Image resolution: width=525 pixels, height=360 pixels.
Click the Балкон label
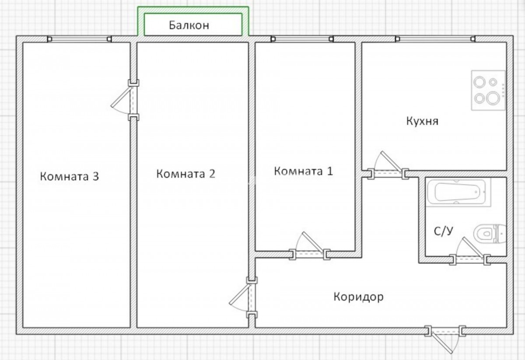click(x=189, y=25)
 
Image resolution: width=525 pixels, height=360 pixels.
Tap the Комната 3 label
click(x=70, y=176)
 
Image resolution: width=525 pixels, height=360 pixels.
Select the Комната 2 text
click(x=185, y=174)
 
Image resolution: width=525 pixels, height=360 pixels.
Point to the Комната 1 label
click(x=304, y=171)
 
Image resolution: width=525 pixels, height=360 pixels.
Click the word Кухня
click(x=422, y=121)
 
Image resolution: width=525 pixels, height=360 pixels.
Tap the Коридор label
click(x=359, y=297)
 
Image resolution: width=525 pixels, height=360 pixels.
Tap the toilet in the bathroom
click(x=490, y=234)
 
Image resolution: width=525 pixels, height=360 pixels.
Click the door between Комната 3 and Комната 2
click(x=126, y=100)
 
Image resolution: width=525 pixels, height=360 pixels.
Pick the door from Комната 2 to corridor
click(x=244, y=297)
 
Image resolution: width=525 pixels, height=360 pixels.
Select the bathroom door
click(x=470, y=251)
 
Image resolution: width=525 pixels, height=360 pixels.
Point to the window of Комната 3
click(x=80, y=39)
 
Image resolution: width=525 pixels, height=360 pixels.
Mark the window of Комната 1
click(x=302, y=39)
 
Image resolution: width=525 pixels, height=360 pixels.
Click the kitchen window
click(x=435, y=39)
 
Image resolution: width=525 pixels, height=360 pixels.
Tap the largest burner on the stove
click(x=493, y=98)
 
